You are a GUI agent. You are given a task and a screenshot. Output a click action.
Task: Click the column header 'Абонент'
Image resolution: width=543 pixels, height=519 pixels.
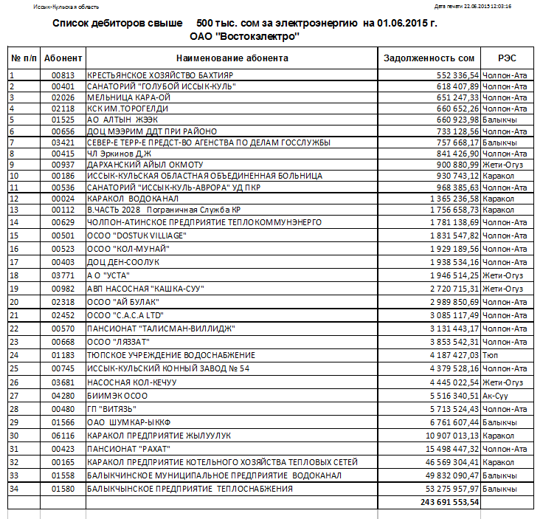pyautogui.click(x=63, y=58)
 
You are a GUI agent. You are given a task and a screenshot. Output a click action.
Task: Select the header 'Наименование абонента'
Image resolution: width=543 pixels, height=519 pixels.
pyautogui.click(x=232, y=58)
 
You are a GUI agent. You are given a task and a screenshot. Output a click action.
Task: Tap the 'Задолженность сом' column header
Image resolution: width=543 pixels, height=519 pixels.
pyautogui.click(x=429, y=58)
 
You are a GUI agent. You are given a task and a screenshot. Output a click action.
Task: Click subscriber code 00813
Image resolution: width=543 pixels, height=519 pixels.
pyautogui.click(x=63, y=75)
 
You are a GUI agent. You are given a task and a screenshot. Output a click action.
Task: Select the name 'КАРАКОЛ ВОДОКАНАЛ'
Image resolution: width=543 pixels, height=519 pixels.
pyautogui.click(x=130, y=199)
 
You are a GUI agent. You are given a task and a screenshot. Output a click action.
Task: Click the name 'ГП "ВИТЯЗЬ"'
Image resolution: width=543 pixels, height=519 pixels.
pyautogui.click(x=111, y=408)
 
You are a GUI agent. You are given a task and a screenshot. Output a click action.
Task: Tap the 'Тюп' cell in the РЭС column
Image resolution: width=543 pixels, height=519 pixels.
pyautogui.click(x=490, y=354)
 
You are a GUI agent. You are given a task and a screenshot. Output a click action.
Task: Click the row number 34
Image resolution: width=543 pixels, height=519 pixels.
pyautogui.click(x=13, y=489)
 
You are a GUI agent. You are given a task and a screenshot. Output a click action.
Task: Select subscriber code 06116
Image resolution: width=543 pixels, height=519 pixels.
pyautogui.click(x=63, y=436)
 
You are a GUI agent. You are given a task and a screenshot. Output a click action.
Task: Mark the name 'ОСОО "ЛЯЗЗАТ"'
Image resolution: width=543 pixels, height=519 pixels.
pyautogui.click(x=119, y=341)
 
